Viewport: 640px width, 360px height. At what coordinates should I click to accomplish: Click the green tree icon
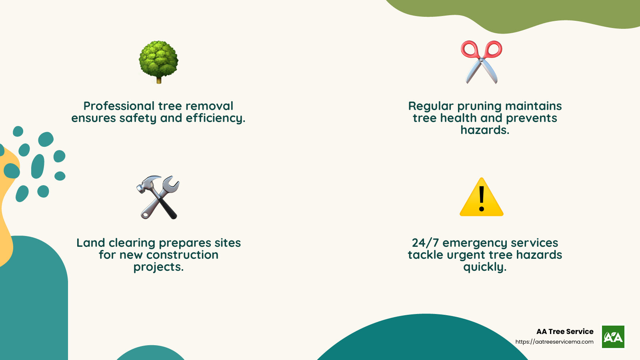pyautogui.click(x=158, y=60)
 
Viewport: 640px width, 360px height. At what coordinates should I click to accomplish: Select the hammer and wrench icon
pyautogui.click(x=158, y=197)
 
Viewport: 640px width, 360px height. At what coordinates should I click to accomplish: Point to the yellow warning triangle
pyautogui.click(x=482, y=198)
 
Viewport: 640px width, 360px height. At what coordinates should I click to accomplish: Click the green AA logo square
pyautogui.click(x=613, y=337)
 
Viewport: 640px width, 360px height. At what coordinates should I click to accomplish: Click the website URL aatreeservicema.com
pyautogui.click(x=554, y=342)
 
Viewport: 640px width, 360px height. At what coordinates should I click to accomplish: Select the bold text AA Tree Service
pyautogui.click(x=565, y=332)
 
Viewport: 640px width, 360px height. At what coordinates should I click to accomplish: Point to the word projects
pyautogui.click(x=158, y=267)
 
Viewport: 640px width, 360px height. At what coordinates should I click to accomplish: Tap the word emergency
pyautogui.click(x=470, y=243)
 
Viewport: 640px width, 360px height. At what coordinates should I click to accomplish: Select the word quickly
pyautogui.click(x=485, y=267)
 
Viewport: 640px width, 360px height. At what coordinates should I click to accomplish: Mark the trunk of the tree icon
pyautogui.click(x=159, y=80)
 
